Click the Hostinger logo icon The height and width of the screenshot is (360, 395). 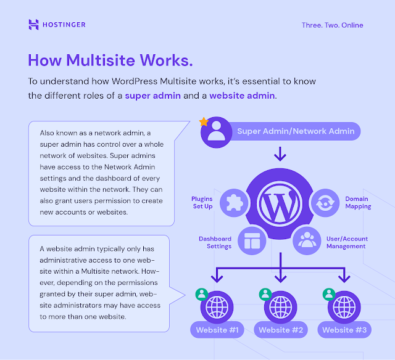(x=34, y=25)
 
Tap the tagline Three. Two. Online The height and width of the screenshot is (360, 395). (x=332, y=25)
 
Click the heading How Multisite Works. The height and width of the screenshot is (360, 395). (x=110, y=60)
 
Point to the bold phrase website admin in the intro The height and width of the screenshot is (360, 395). (x=243, y=96)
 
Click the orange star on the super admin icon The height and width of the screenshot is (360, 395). (x=204, y=122)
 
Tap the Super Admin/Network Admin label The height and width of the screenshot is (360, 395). (x=296, y=131)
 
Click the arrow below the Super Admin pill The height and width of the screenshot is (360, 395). (x=281, y=153)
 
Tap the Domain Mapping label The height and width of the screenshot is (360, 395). (x=358, y=202)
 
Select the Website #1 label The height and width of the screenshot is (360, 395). (x=218, y=330)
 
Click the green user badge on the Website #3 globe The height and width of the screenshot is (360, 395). (x=327, y=293)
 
